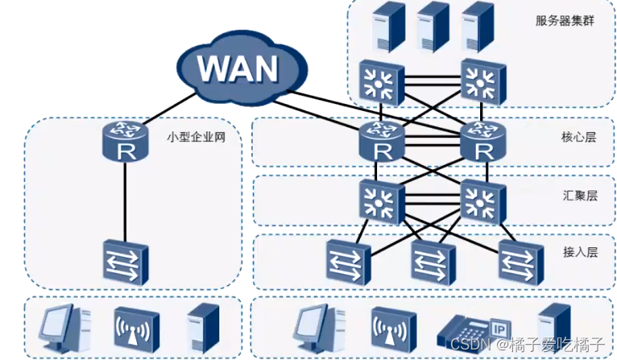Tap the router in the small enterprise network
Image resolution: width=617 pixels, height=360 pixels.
[x=126, y=142]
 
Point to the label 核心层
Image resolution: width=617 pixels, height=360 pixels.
[x=578, y=137]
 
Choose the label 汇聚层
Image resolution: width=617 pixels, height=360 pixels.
[x=578, y=196]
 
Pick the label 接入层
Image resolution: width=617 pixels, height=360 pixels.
[x=578, y=252]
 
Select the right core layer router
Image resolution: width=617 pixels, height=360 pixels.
[x=483, y=142]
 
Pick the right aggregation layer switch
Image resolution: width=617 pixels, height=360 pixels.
[x=483, y=199]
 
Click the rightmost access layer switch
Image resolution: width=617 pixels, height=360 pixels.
[x=520, y=259]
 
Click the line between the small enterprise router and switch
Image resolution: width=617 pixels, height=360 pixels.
[x=126, y=201]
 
